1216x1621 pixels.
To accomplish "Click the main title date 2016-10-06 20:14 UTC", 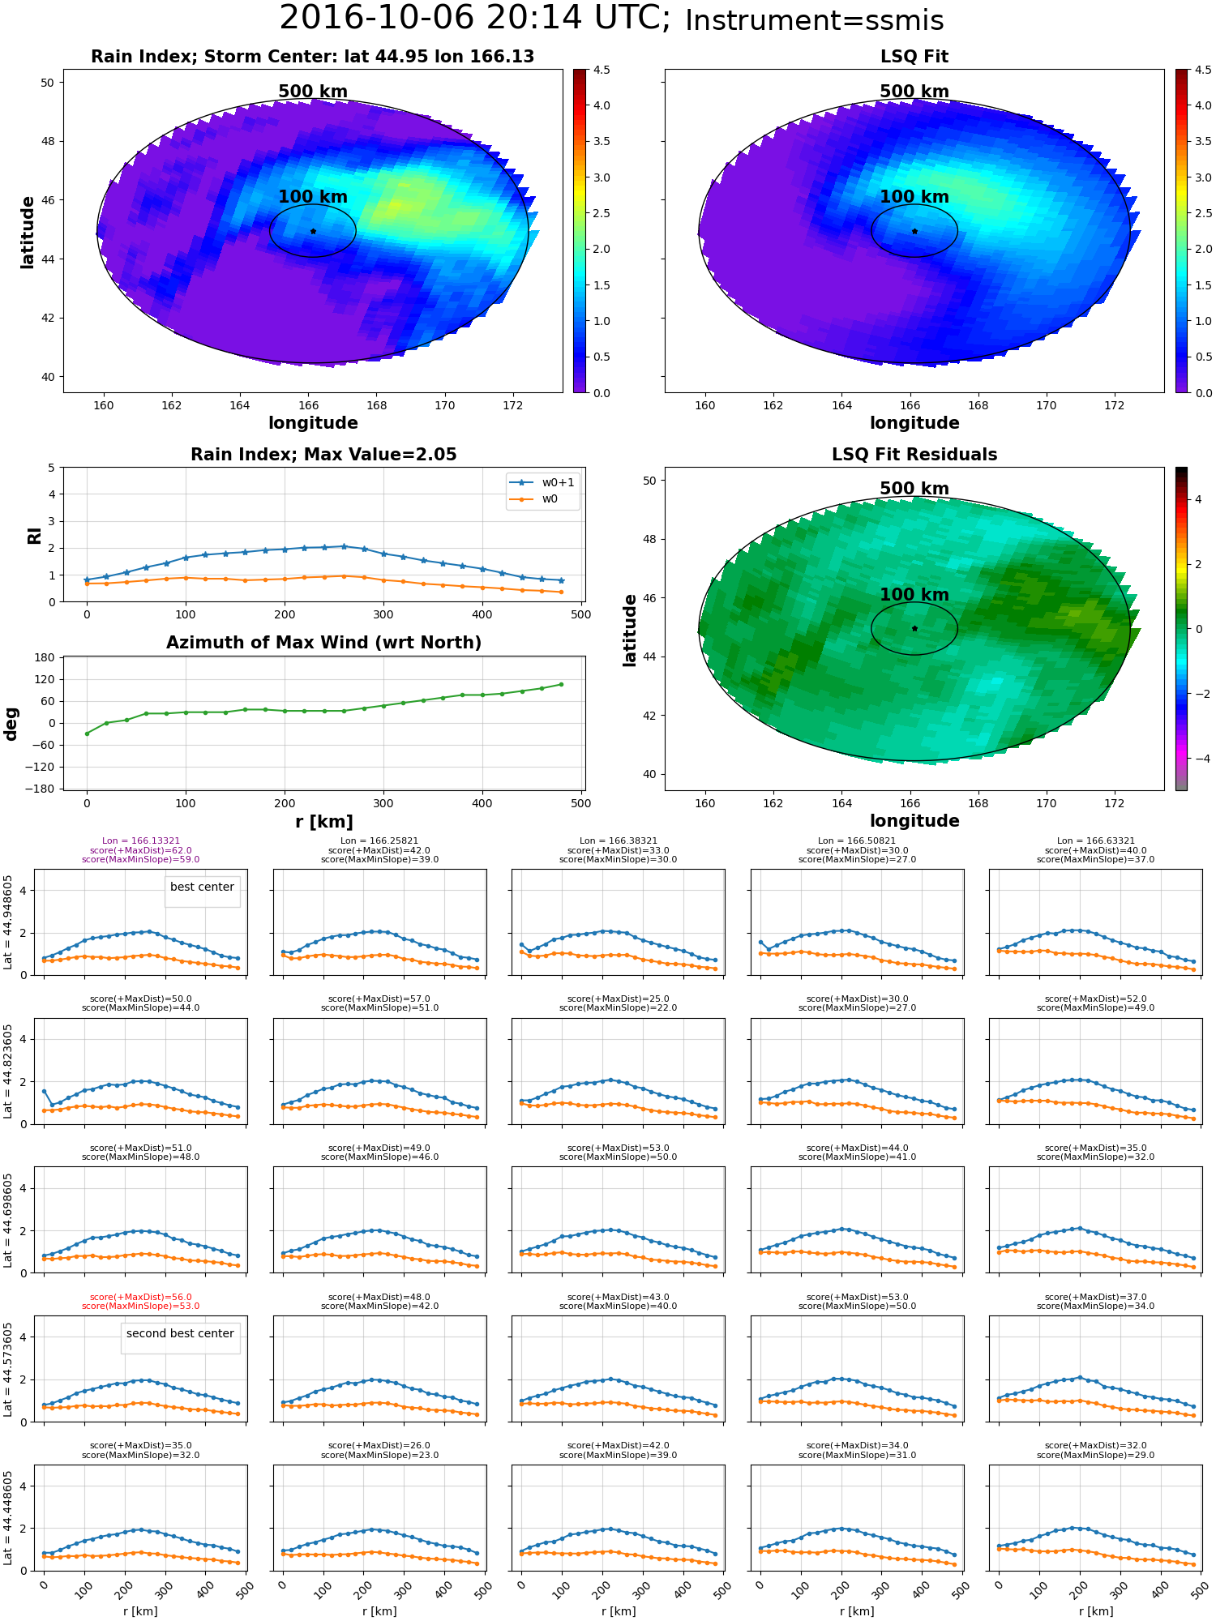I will [x=474, y=18].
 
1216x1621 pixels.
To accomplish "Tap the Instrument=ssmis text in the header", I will [x=814, y=21].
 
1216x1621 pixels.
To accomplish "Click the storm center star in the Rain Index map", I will [x=313, y=231].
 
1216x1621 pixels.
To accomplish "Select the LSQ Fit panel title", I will [x=914, y=57].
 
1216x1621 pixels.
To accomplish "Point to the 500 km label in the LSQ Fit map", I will [x=914, y=92].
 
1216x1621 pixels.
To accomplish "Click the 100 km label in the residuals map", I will [x=914, y=595].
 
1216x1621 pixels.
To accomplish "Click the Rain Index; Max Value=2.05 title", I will [x=323, y=455].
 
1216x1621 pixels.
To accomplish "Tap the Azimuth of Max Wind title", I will [x=323, y=643].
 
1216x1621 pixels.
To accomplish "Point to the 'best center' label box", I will [x=202, y=887].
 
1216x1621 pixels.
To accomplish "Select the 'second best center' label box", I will [x=180, y=1333].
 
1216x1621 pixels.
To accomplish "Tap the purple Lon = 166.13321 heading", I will [x=140, y=841].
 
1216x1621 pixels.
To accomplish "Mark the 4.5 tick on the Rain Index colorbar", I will [x=601, y=71].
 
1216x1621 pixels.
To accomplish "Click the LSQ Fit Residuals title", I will [x=914, y=455].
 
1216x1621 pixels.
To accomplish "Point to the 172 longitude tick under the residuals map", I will [x=1115, y=804].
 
